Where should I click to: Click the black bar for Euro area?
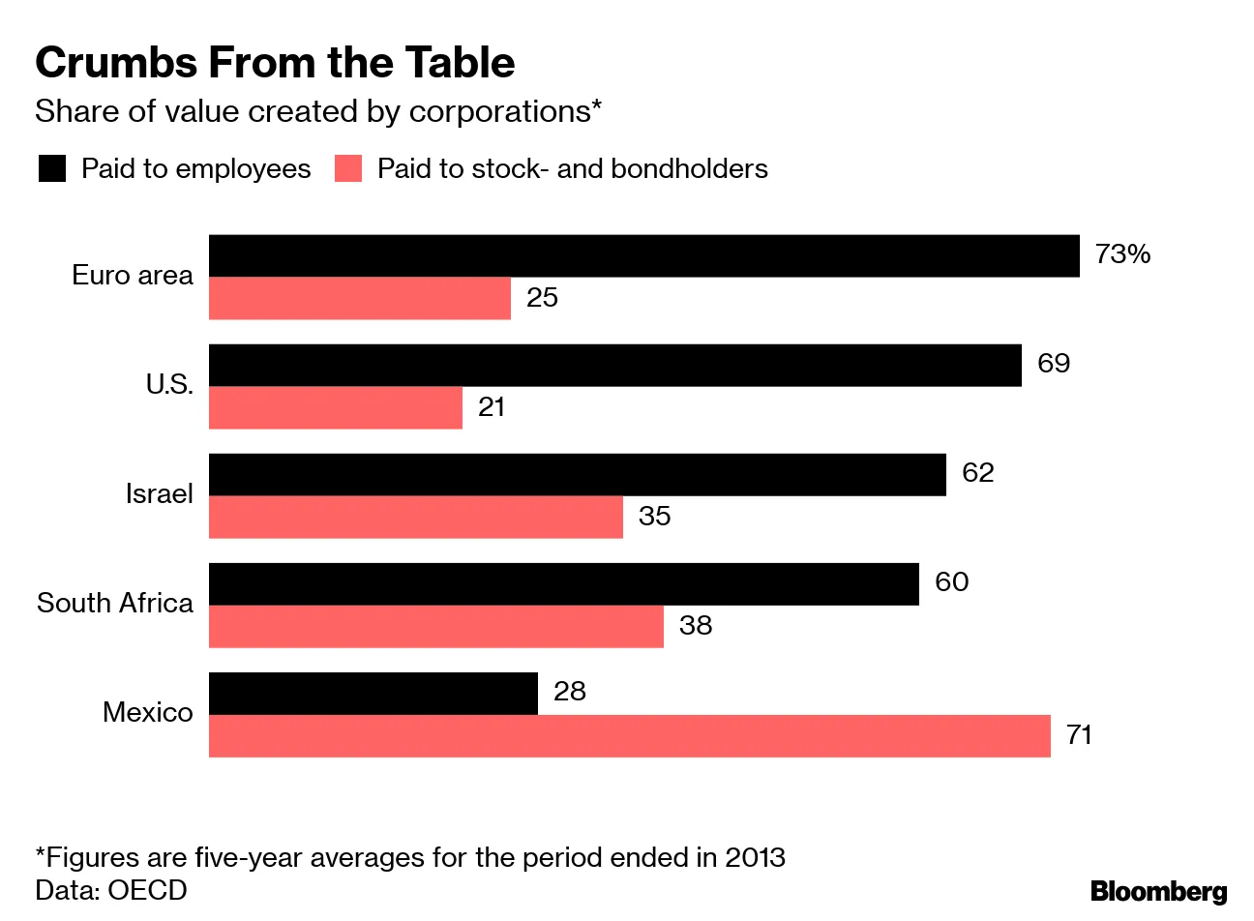point(643,255)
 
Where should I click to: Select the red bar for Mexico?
point(629,736)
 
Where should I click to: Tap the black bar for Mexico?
point(373,694)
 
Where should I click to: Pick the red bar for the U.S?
point(335,408)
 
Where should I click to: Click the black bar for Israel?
point(577,475)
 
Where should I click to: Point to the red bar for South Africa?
point(435,627)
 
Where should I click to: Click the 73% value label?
point(1122,254)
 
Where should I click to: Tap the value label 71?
point(1079,735)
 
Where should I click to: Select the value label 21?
point(492,407)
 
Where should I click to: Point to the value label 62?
point(977,473)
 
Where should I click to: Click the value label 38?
point(696,626)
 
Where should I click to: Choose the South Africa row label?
point(115,604)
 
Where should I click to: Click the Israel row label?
point(159,494)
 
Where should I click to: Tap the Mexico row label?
point(147,713)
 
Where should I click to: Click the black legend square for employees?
point(51,169)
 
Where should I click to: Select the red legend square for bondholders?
point(347,169)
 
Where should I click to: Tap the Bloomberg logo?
point(1158,890)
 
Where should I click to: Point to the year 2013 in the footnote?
point(755,858)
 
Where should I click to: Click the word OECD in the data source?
point(147,890)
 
